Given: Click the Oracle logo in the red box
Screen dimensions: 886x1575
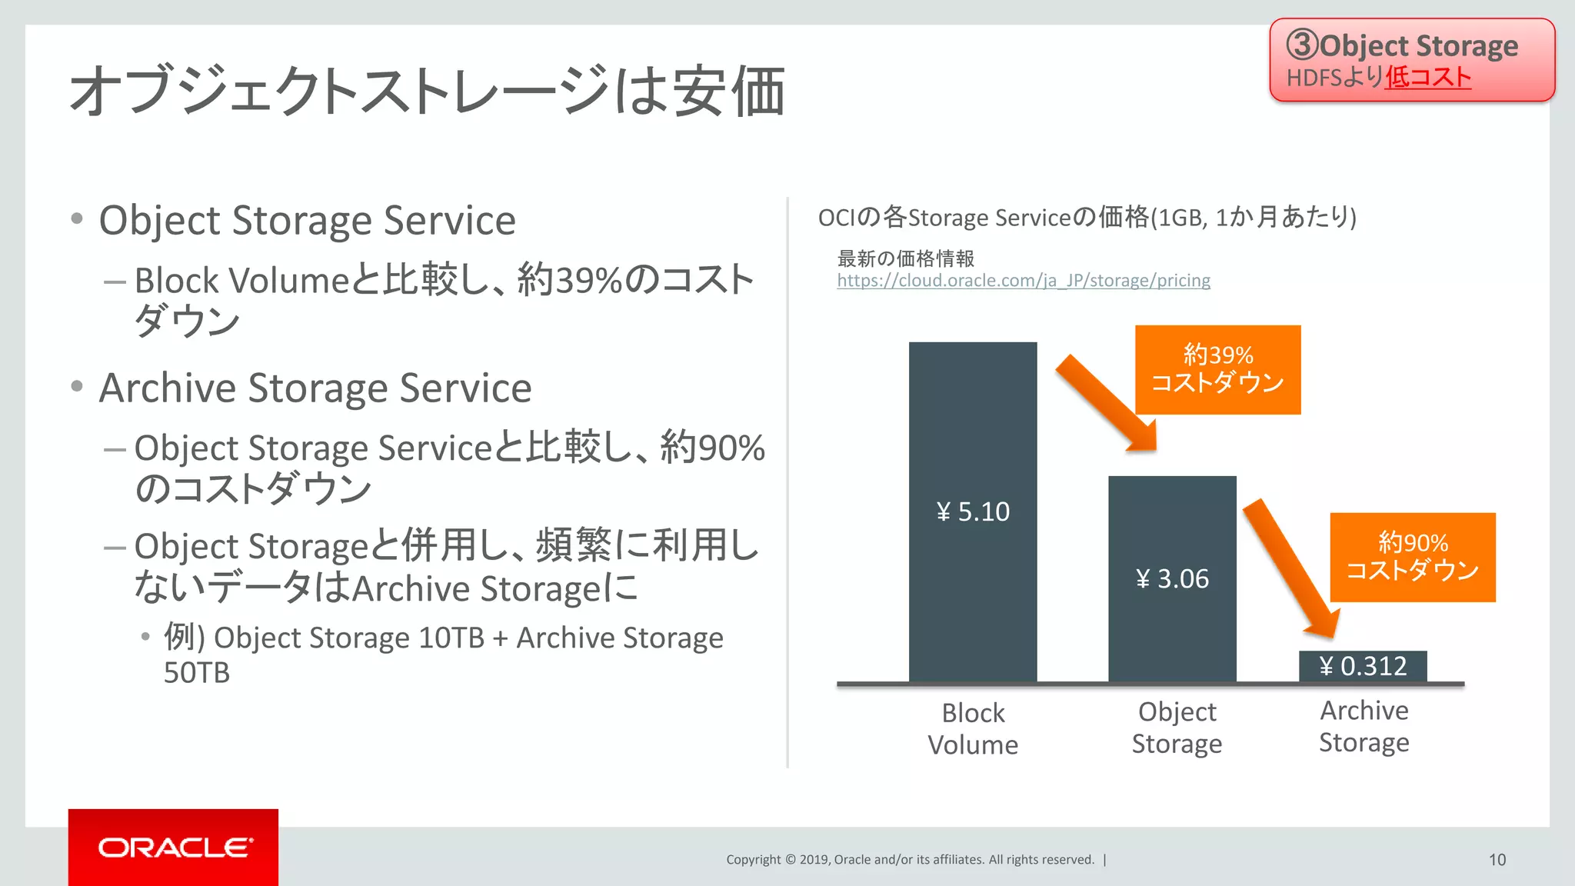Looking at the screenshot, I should coord(175,848).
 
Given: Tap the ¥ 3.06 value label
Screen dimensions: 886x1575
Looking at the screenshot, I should coord(1172,579).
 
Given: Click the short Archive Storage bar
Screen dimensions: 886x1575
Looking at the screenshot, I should coord(1363,666).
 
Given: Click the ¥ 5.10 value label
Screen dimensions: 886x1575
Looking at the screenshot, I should coord(973,512).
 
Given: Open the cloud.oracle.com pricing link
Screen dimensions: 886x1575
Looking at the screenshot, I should coord(1023,281).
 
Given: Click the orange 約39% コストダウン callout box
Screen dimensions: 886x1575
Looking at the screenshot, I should coord(1217,370).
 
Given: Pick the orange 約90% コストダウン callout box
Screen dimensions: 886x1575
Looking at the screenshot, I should coord(1413,558).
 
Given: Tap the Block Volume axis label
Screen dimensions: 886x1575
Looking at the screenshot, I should coord(973,728).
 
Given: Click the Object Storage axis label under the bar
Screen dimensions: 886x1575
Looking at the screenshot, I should coord(1177,728).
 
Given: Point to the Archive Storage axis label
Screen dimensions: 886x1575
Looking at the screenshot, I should coord(1364,726).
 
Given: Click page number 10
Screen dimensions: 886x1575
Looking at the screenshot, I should coord(1497,860).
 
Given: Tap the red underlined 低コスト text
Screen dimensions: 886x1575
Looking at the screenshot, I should coord(1428,78).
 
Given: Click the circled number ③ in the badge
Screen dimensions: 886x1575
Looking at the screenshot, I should coord(1303,45).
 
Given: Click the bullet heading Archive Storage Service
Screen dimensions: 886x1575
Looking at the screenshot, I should coord(315,388).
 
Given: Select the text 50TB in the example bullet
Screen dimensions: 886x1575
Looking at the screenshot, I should coord(197,673).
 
